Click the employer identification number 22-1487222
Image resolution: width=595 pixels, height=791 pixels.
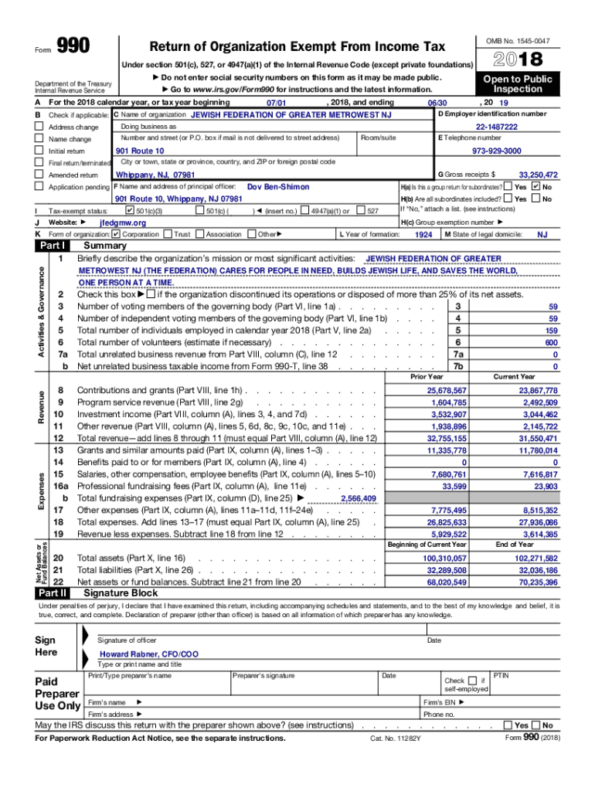pos(497,127)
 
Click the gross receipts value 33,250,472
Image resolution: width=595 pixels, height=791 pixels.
pos(538,175)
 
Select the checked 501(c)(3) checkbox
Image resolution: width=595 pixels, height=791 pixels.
pos(129,210)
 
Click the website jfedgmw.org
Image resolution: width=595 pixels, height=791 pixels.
pos(123,222)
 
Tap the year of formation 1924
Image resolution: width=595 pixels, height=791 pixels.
pos(423,234)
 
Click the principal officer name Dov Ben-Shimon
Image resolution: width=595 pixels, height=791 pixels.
pos(277,187)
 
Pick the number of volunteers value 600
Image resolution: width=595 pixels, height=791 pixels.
pos(550,342)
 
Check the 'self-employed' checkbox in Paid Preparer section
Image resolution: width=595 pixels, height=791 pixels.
pos(473,681)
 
